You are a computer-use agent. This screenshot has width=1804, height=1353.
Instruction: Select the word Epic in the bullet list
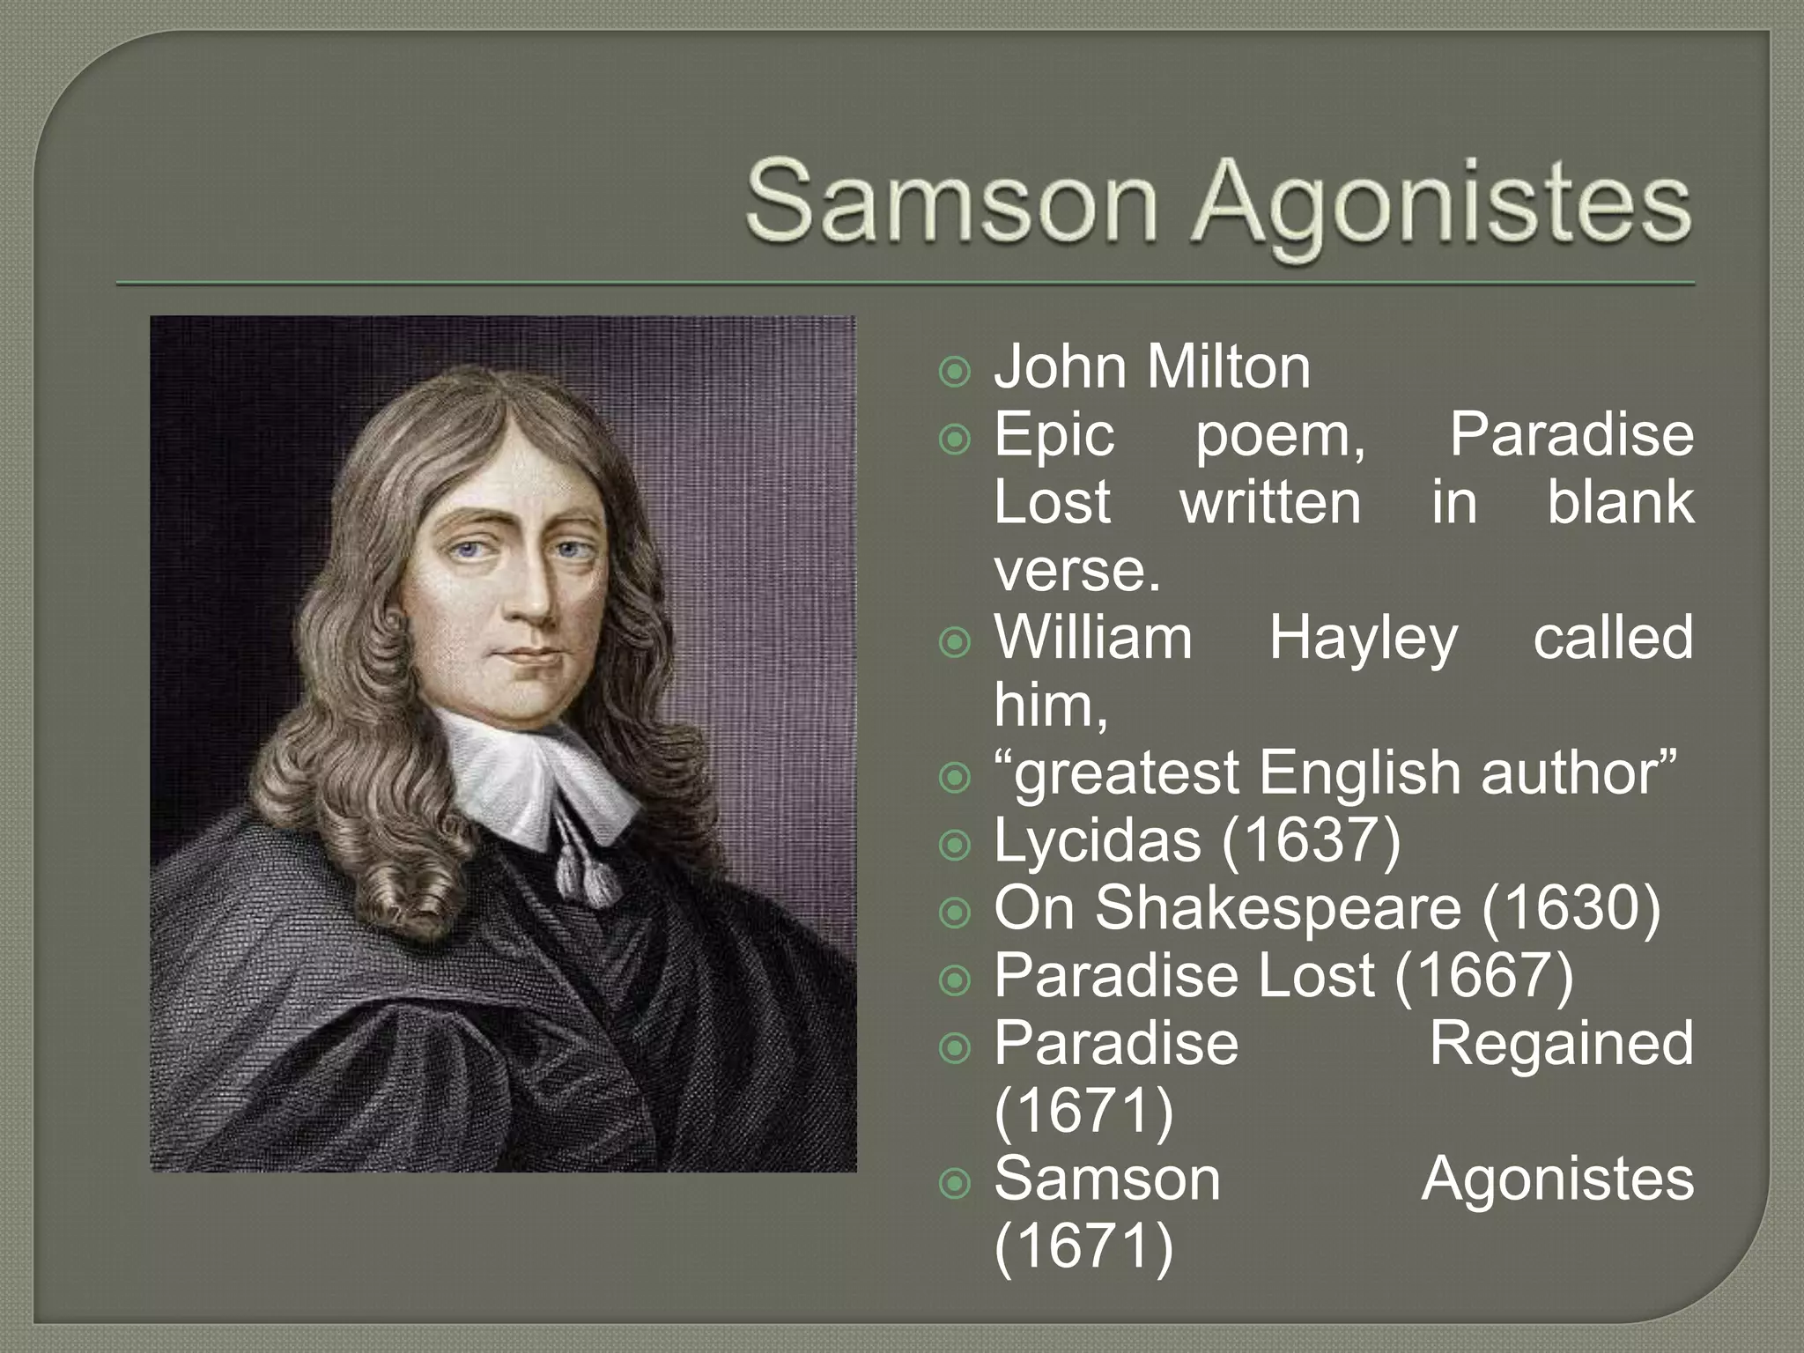1054,436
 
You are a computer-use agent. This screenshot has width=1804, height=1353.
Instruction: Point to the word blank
1620,502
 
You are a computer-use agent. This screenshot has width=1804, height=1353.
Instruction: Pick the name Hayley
1363,639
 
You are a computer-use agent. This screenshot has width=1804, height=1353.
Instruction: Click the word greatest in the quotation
1127,774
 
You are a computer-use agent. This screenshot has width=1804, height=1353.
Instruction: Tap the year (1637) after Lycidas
1311,841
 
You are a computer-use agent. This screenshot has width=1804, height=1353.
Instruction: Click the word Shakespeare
1277,908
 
